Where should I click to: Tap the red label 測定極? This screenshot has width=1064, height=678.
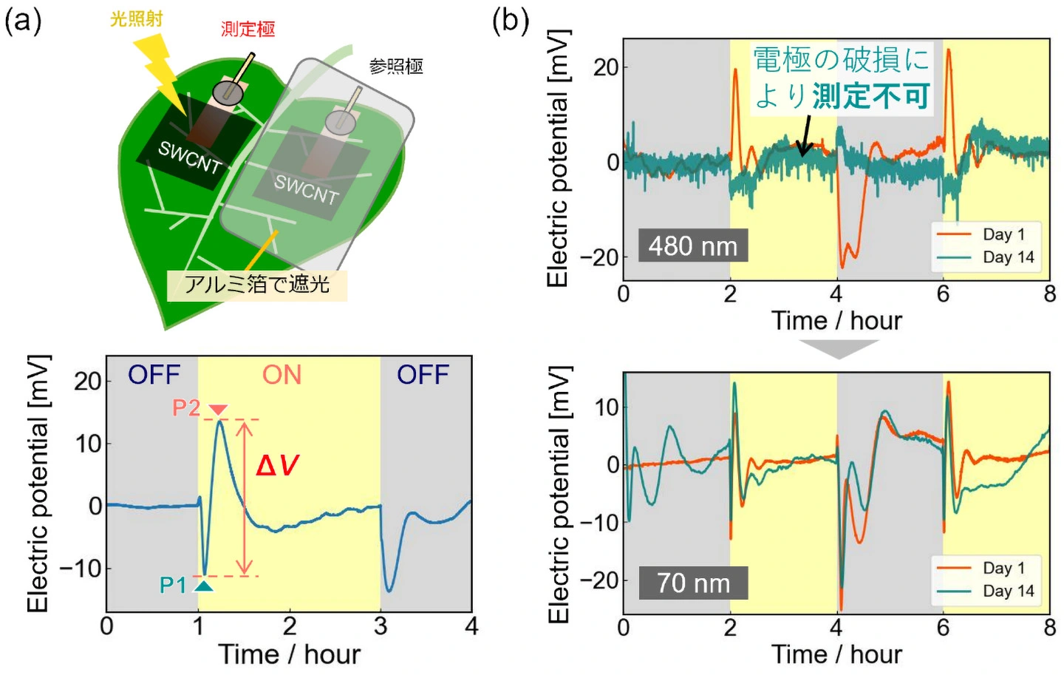[248, 29]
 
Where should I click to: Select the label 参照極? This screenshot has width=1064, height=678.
[396, 67]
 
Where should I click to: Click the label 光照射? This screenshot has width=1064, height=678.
[136, 18]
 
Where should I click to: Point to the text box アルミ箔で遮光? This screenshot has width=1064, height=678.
[256, 284]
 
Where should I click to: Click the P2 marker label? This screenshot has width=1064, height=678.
[186, 407]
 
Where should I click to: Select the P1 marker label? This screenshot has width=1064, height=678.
[174, 585]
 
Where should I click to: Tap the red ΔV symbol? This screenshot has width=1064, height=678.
[277, 466]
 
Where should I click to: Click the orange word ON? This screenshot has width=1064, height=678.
[282, 375]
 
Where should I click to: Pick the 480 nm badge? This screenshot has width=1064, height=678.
[693, 246]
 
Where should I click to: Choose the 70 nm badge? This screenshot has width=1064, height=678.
[693, 583]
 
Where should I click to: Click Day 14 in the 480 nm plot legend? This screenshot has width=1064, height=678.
[1008, 257]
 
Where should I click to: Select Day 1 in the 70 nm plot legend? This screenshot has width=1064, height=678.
[1003, 568]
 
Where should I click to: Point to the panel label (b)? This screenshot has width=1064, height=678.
[511, 20]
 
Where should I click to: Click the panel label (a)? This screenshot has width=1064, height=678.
[23, 20]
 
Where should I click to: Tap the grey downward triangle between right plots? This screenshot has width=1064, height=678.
[838, 348]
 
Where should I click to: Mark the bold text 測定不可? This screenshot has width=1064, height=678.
[870, 96]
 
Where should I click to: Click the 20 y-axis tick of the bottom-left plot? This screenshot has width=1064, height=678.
[87, 381]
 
